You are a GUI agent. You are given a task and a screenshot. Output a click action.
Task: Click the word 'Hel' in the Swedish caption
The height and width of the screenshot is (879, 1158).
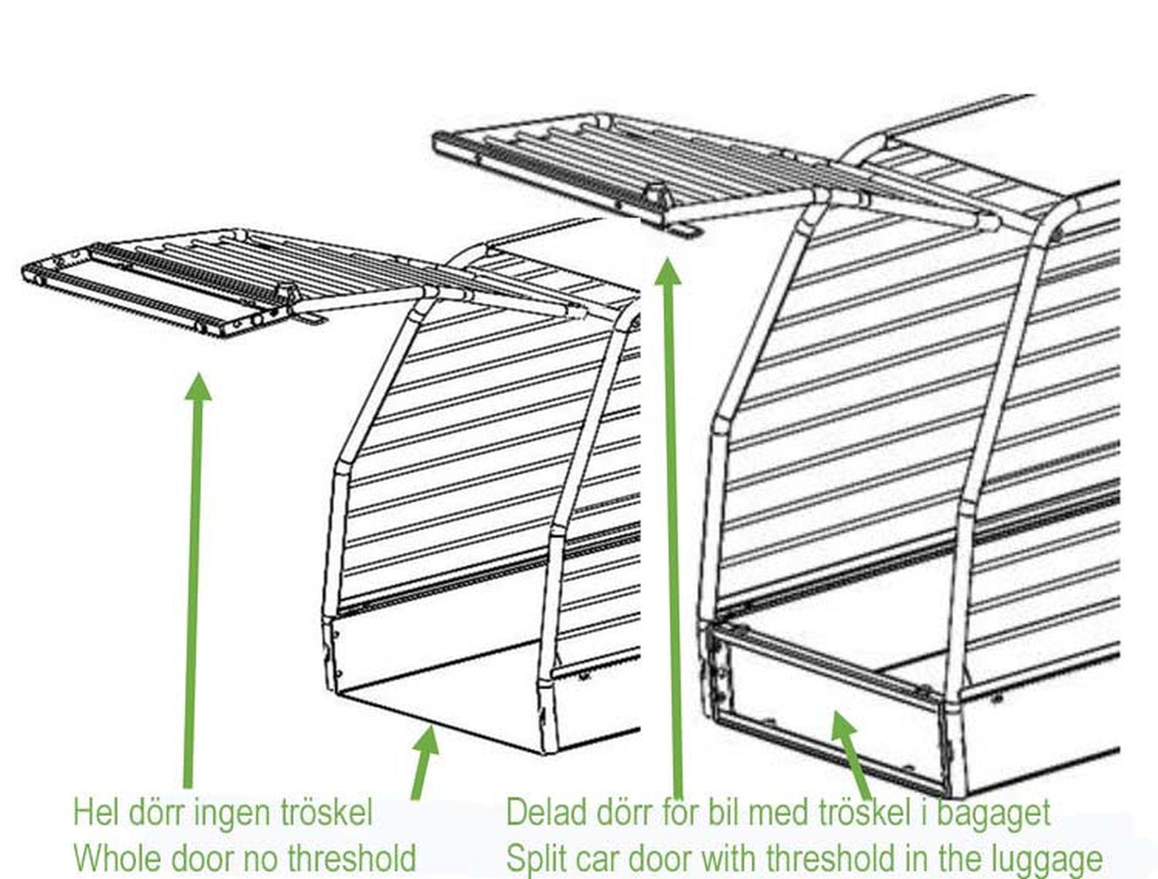(96, 812)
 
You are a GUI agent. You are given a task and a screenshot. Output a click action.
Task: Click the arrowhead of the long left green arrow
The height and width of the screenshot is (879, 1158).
(198, 386)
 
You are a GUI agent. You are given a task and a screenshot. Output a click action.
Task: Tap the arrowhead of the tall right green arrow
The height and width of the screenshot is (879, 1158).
(667, 271)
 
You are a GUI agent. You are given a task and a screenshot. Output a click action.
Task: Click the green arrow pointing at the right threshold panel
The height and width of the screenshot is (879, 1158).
(852, 754)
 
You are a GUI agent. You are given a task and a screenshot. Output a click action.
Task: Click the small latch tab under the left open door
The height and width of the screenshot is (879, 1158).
(311, 318)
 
